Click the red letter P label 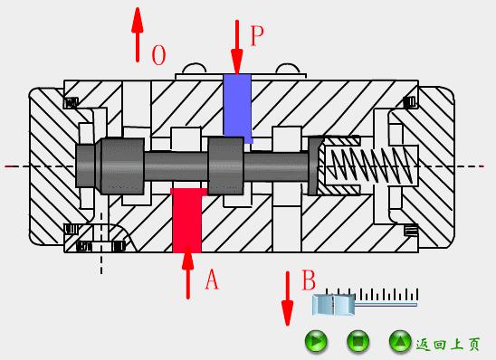click(x=257, y=35)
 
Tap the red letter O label click(x=158, y=54)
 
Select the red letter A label click(x=212, y=279)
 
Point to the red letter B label click(x=309, y=279)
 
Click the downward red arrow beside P click(x=236, y=47)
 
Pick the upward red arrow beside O click(x=138, y=34)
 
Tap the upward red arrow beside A click(x=188, y=272)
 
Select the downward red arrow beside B click(x=287, y=298)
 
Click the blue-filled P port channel click(x=237, y=109)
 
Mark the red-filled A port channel click(x=187, y=221)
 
